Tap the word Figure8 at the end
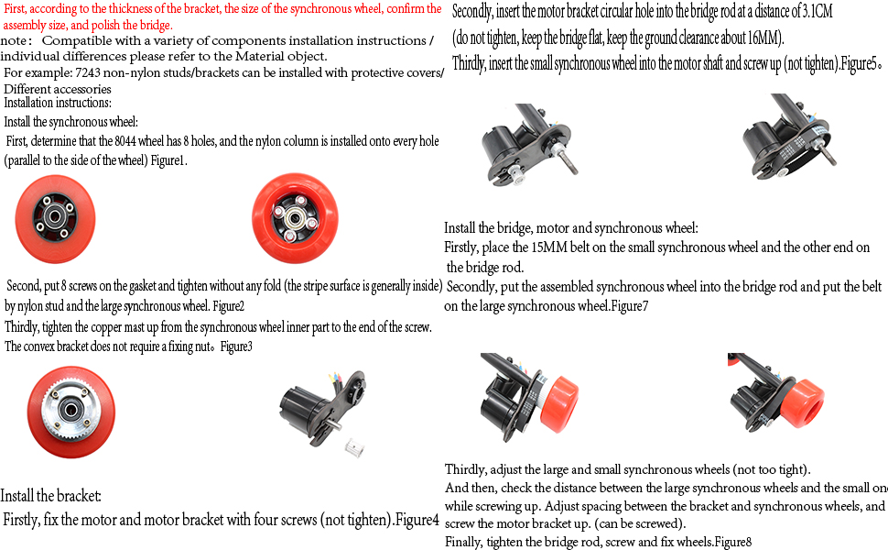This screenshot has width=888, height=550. [x=732, y=542]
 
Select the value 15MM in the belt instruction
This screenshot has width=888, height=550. [x=546, y=248]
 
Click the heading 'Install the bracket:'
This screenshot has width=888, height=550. [x=50, y=496]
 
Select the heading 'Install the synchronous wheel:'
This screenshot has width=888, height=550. [x=70, y=122]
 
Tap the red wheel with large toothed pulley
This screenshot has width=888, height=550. [x=70, y=408]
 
